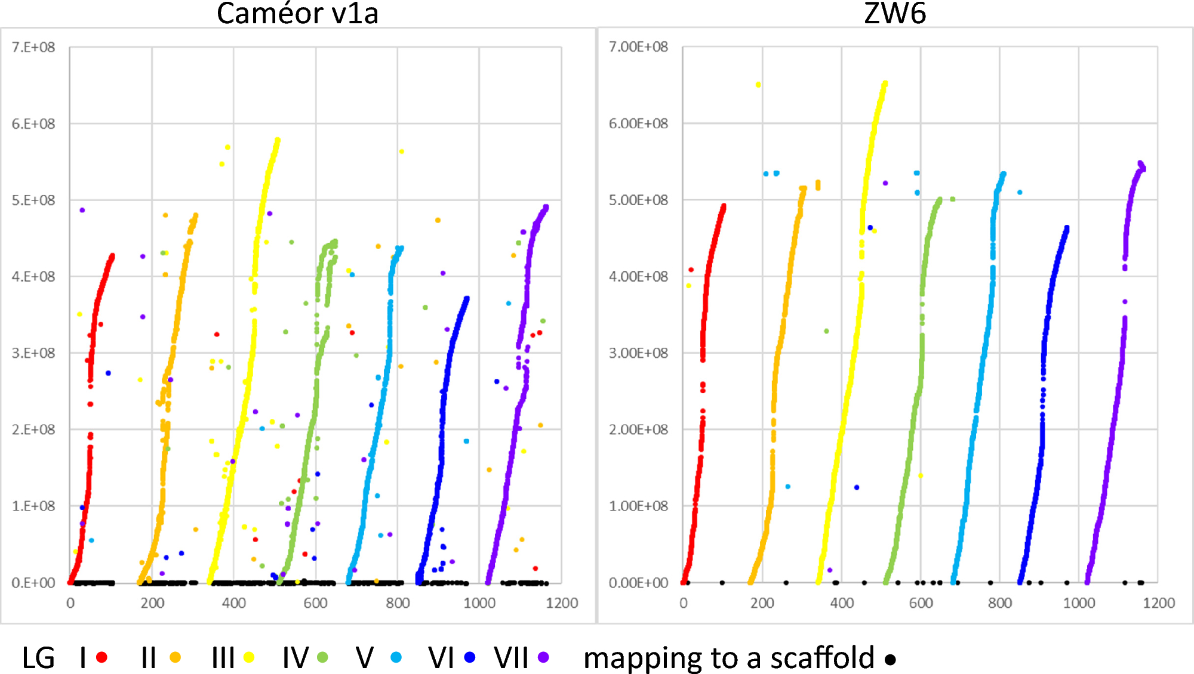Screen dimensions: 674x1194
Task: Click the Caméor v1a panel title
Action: pyautogui.click(x=297, y=13)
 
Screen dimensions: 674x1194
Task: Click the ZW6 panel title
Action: pyautogui.click(x=894, y=13)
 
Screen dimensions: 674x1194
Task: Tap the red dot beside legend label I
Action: pyautogui.click(x=101, y=657)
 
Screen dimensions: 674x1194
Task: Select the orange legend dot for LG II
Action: pyautogui.click(x=175, y=657)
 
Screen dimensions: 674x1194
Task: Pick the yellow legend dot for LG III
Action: pyautogui.click(x=249, y=657)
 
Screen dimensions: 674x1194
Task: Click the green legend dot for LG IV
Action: pyautogui.click(x=322, y=657)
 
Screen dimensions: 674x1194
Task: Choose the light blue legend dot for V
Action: pyautogui.click(x=396, y=657)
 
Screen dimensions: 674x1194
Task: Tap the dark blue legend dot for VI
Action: pyautogui.click(x=470, y=657)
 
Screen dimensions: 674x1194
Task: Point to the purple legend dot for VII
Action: pyautogui.click(x=543, y=657)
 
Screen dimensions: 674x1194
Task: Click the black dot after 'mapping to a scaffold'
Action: pyautogui.click(x=890, y=660)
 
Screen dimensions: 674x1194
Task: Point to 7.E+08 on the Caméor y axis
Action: pyautogui.click(x=33, y=47)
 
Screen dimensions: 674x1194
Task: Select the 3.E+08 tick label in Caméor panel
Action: pyautogui.click(x=33, y=353)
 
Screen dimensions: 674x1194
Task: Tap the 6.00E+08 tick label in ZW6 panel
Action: pyautogui.click(x=638, y=123)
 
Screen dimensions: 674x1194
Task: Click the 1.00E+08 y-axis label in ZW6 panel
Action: pyautogui.click(x=638, y=506)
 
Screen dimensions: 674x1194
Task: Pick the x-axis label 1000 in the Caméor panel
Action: pyautogui.click(x=479, y=603)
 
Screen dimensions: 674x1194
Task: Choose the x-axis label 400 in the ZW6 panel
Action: pyautogui.click(x=842, y=603)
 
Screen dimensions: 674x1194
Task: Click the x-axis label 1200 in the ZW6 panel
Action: pyautogui.click(x=1158, y=603)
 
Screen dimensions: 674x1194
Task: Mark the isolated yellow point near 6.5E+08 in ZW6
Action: pyautogui.click(x=758, y=85)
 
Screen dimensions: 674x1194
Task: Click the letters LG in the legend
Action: pyautogui.click(x=38, y=657)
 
